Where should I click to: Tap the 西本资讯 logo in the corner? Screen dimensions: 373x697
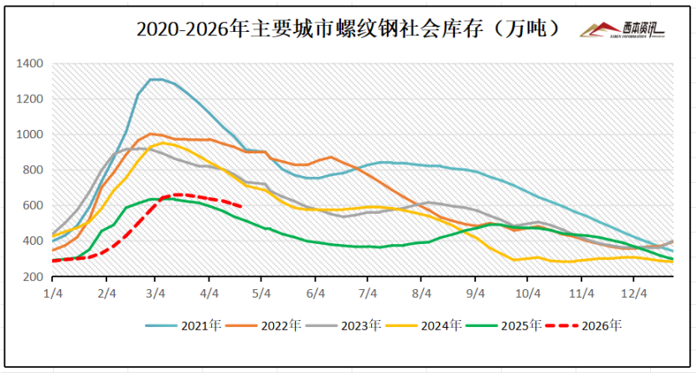click(623, 30)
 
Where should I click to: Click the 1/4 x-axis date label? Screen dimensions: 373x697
click(53, 293)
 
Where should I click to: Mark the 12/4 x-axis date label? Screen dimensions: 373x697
click(633, 293)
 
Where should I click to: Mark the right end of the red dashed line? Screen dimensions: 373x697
click(242, 206)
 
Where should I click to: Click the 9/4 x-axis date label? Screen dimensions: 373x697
click(475, 293)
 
